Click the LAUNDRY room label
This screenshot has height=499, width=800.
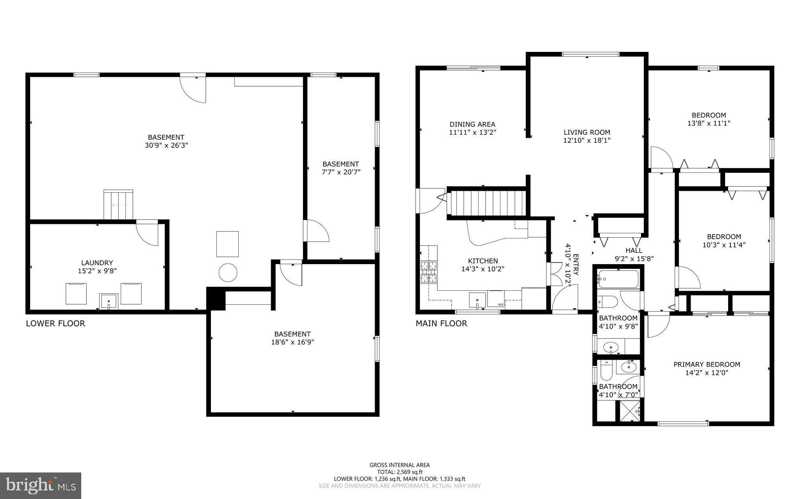point(97,263)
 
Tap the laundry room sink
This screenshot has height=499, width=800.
point(109,302)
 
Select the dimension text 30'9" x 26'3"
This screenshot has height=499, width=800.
point(166,146)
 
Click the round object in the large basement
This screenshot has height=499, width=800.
point(228,273)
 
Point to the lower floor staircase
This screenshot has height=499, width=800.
point(118,205)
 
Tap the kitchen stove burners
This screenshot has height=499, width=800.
point(429,272)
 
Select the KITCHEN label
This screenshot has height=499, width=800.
point(483,261)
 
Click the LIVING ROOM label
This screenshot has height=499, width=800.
point(587,132)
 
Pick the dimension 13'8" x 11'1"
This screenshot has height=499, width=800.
point(709,123)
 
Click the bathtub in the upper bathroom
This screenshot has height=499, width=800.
point(618,279)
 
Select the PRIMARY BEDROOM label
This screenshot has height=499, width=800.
point(707,364)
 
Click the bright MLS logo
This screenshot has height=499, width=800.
point(41,486)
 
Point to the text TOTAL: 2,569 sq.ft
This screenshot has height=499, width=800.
point(400,472)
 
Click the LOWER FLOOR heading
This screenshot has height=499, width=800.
point(55,323)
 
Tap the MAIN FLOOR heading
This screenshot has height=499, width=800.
point(441,323)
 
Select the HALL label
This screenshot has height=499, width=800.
point(634,250)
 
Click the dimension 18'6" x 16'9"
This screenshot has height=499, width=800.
point(292,342)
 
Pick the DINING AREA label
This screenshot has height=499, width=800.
point(472,124)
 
